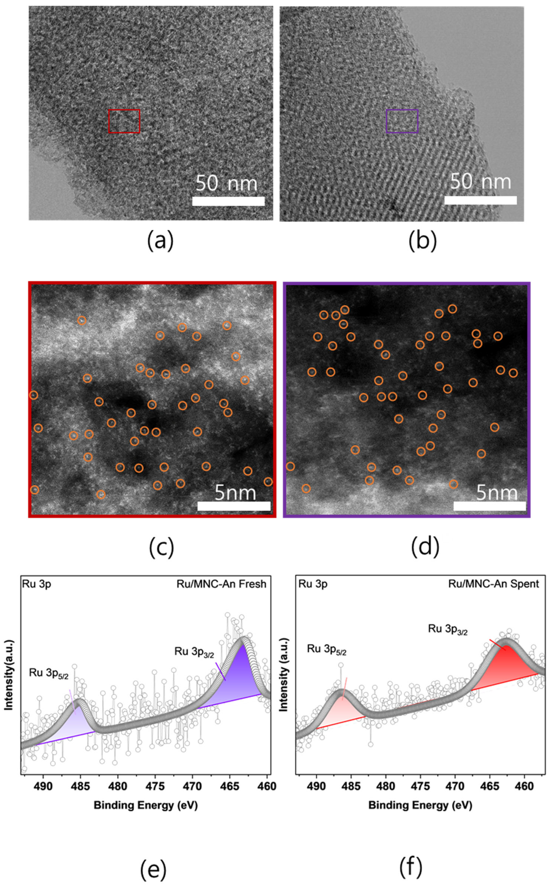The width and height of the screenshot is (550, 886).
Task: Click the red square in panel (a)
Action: (x=124, y=121)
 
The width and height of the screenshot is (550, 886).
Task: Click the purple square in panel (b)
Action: (x=402, y=121)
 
